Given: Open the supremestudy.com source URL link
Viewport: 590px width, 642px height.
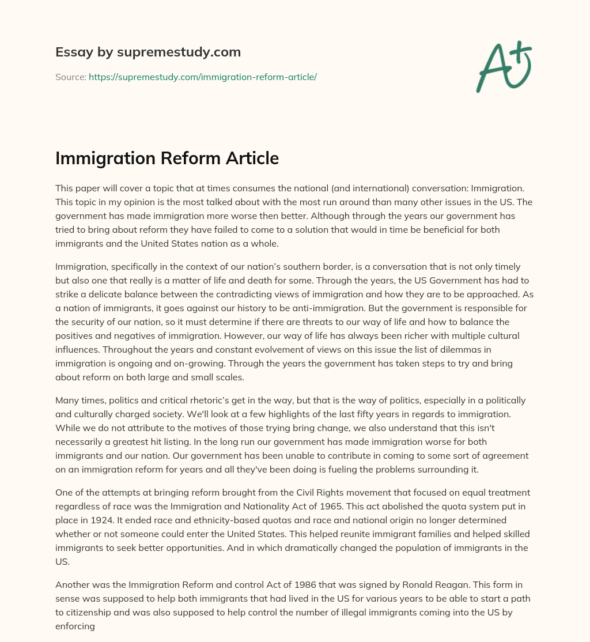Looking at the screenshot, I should [x=203, y=77].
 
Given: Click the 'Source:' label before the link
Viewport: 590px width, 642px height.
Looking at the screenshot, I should [x=70, y=77].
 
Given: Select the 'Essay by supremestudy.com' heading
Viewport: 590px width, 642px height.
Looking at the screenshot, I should [x=147, y=52].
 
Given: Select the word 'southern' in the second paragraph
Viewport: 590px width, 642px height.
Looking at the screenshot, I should [x=276, y=266].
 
